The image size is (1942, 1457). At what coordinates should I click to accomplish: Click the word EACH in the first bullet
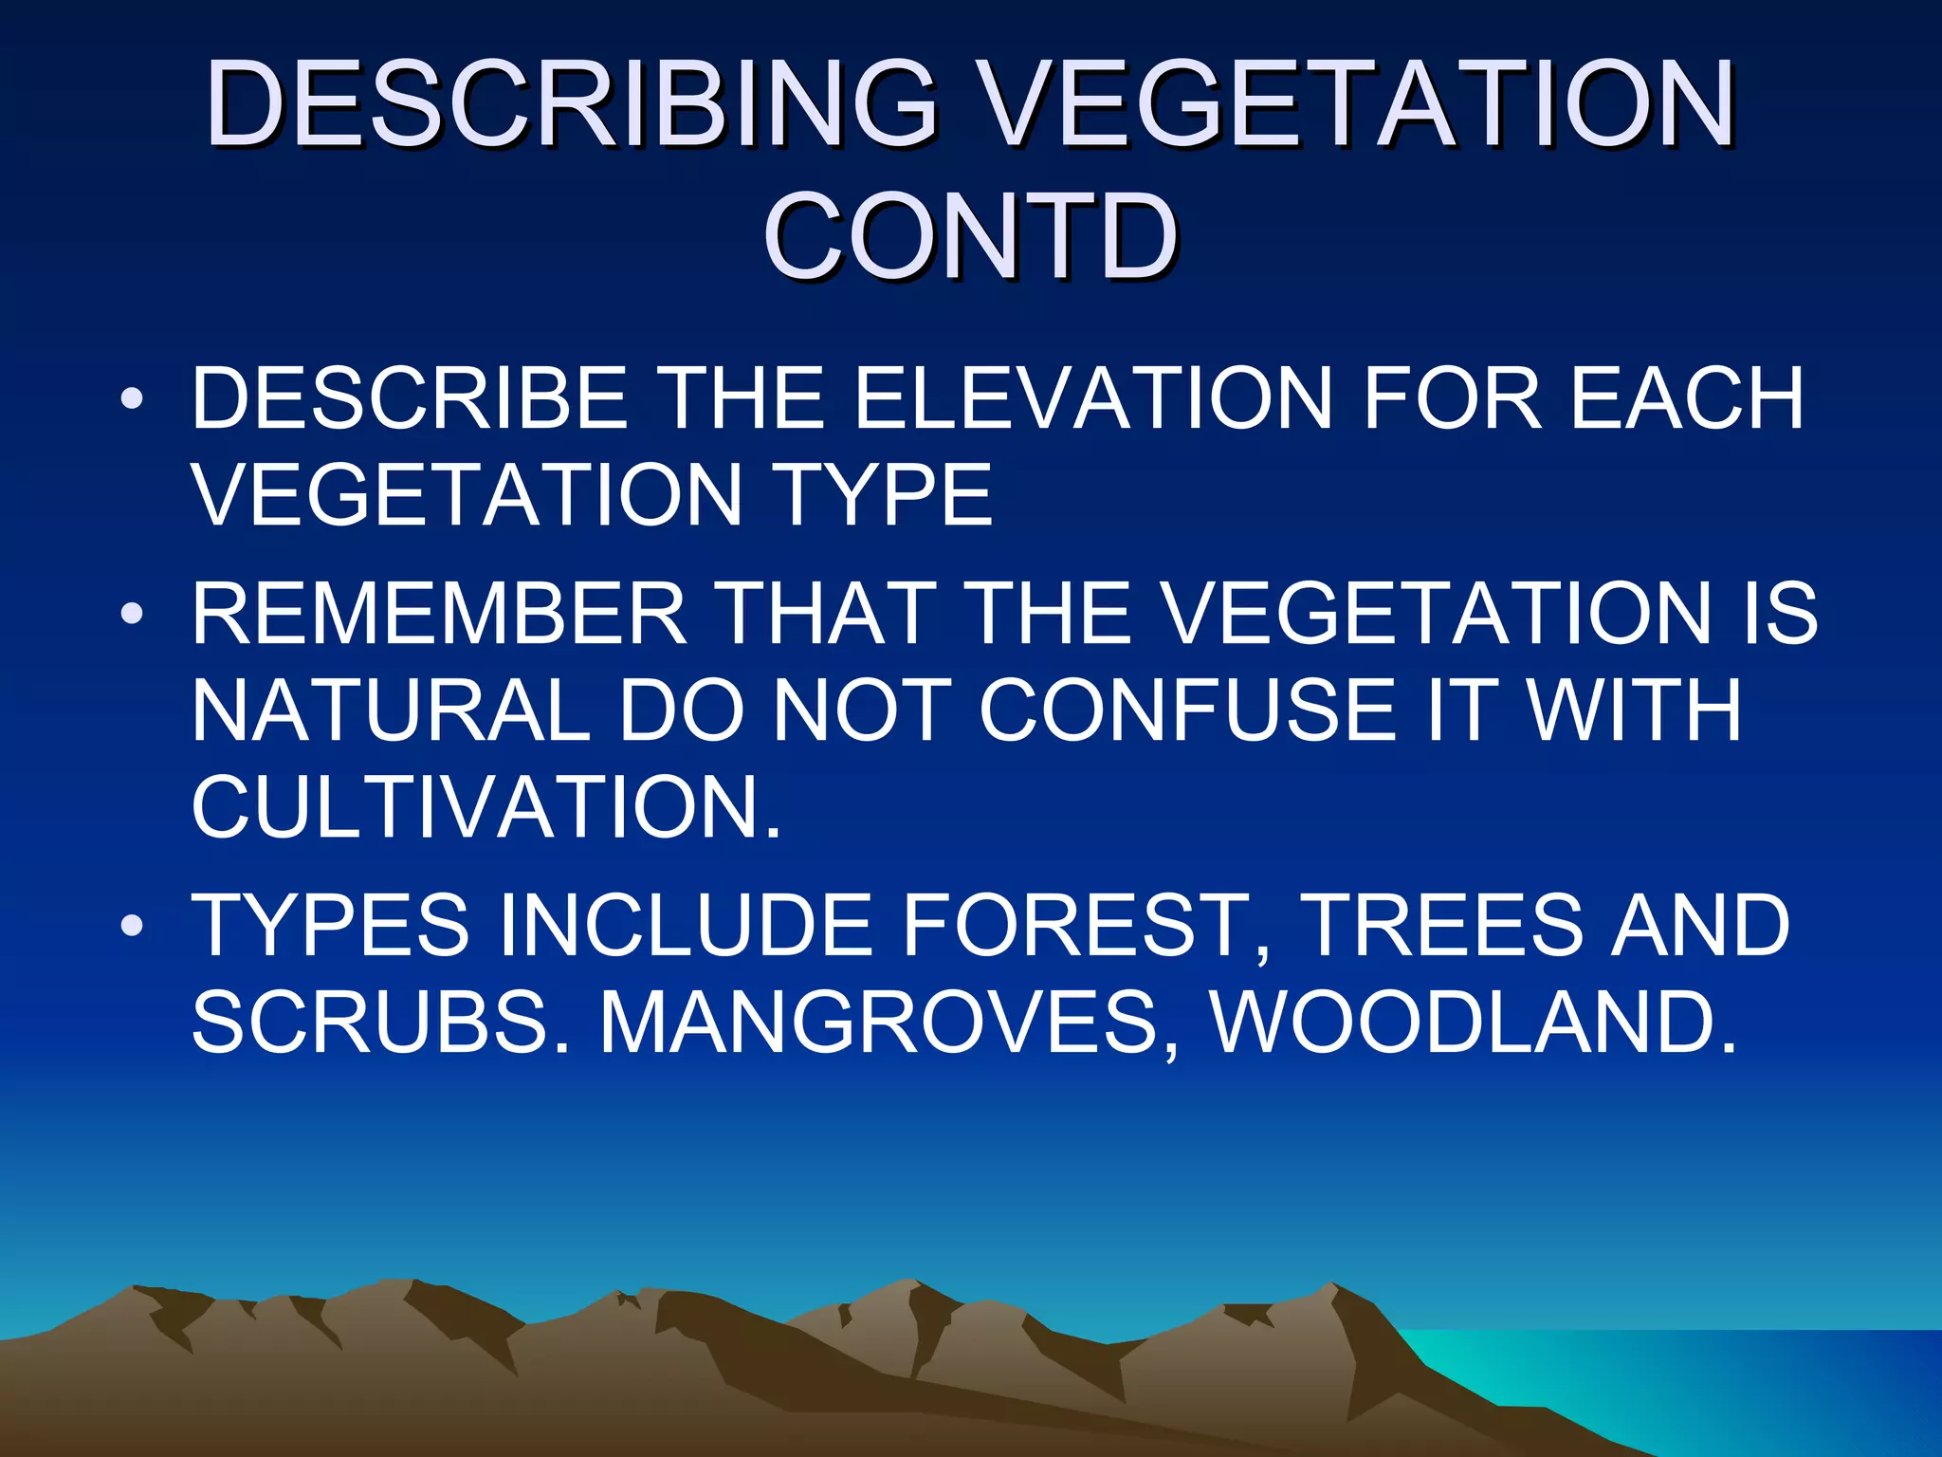(1687, 398)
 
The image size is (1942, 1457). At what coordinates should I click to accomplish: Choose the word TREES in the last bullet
(1442, 925)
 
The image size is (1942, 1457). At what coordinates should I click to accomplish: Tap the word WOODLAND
(1475, 1023)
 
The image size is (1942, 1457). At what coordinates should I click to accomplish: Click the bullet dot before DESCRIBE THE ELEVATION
(132, 398)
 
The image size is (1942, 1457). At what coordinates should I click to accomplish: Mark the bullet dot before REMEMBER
(132, 614)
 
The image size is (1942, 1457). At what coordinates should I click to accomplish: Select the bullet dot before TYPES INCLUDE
(132, 925)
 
